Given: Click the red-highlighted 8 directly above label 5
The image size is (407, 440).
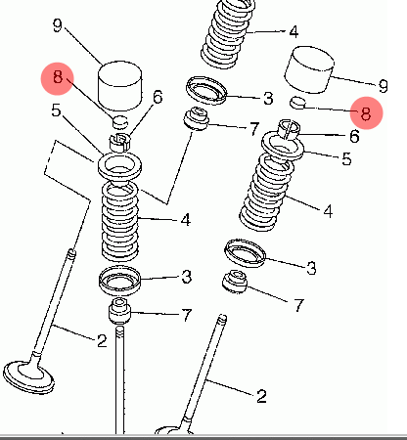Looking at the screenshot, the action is pos(58,78).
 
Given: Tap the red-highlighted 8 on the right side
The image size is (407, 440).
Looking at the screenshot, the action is pos(366,113).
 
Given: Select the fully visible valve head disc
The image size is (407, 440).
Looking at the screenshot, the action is pos(28,377).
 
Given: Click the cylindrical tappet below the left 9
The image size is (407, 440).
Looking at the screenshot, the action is pos(120,86).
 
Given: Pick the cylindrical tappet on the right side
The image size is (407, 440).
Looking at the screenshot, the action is pos(309,69).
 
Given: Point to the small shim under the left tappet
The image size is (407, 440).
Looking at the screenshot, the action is pos(120,122).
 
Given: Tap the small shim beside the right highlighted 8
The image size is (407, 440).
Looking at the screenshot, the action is pos(298,103).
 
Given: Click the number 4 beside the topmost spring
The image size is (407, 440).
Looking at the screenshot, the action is pos(294,31).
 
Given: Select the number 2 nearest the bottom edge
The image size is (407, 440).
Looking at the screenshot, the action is pos(261,396).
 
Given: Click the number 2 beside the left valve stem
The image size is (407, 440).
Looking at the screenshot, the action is pos(102,341).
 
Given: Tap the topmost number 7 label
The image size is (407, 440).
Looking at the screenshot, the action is pos(254,128).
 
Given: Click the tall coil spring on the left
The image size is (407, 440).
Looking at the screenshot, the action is pos(119,221).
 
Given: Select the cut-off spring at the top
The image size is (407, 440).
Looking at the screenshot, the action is pos(228,32).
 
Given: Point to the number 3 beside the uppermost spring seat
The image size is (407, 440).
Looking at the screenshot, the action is pos(268,98).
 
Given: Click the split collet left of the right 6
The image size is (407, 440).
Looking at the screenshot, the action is pos(289,129).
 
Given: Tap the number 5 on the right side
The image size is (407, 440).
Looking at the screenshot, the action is pos(346,158).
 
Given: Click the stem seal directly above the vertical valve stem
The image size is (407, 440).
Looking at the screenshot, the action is pos(119,311).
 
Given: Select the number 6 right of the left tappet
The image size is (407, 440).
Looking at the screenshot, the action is pos(158,97).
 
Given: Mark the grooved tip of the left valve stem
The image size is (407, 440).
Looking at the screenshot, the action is pos(71,253).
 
